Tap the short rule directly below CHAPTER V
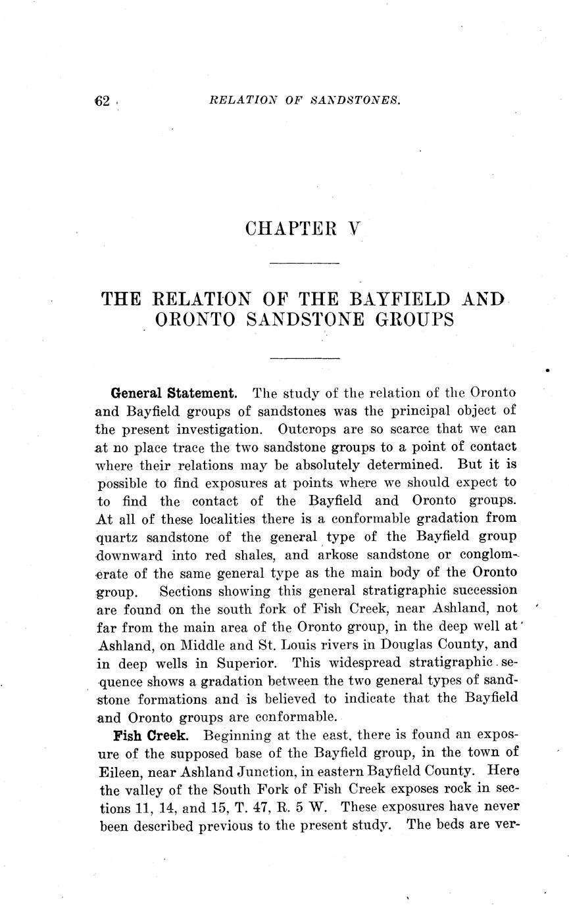(305, 264)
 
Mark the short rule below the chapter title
(305, 358)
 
